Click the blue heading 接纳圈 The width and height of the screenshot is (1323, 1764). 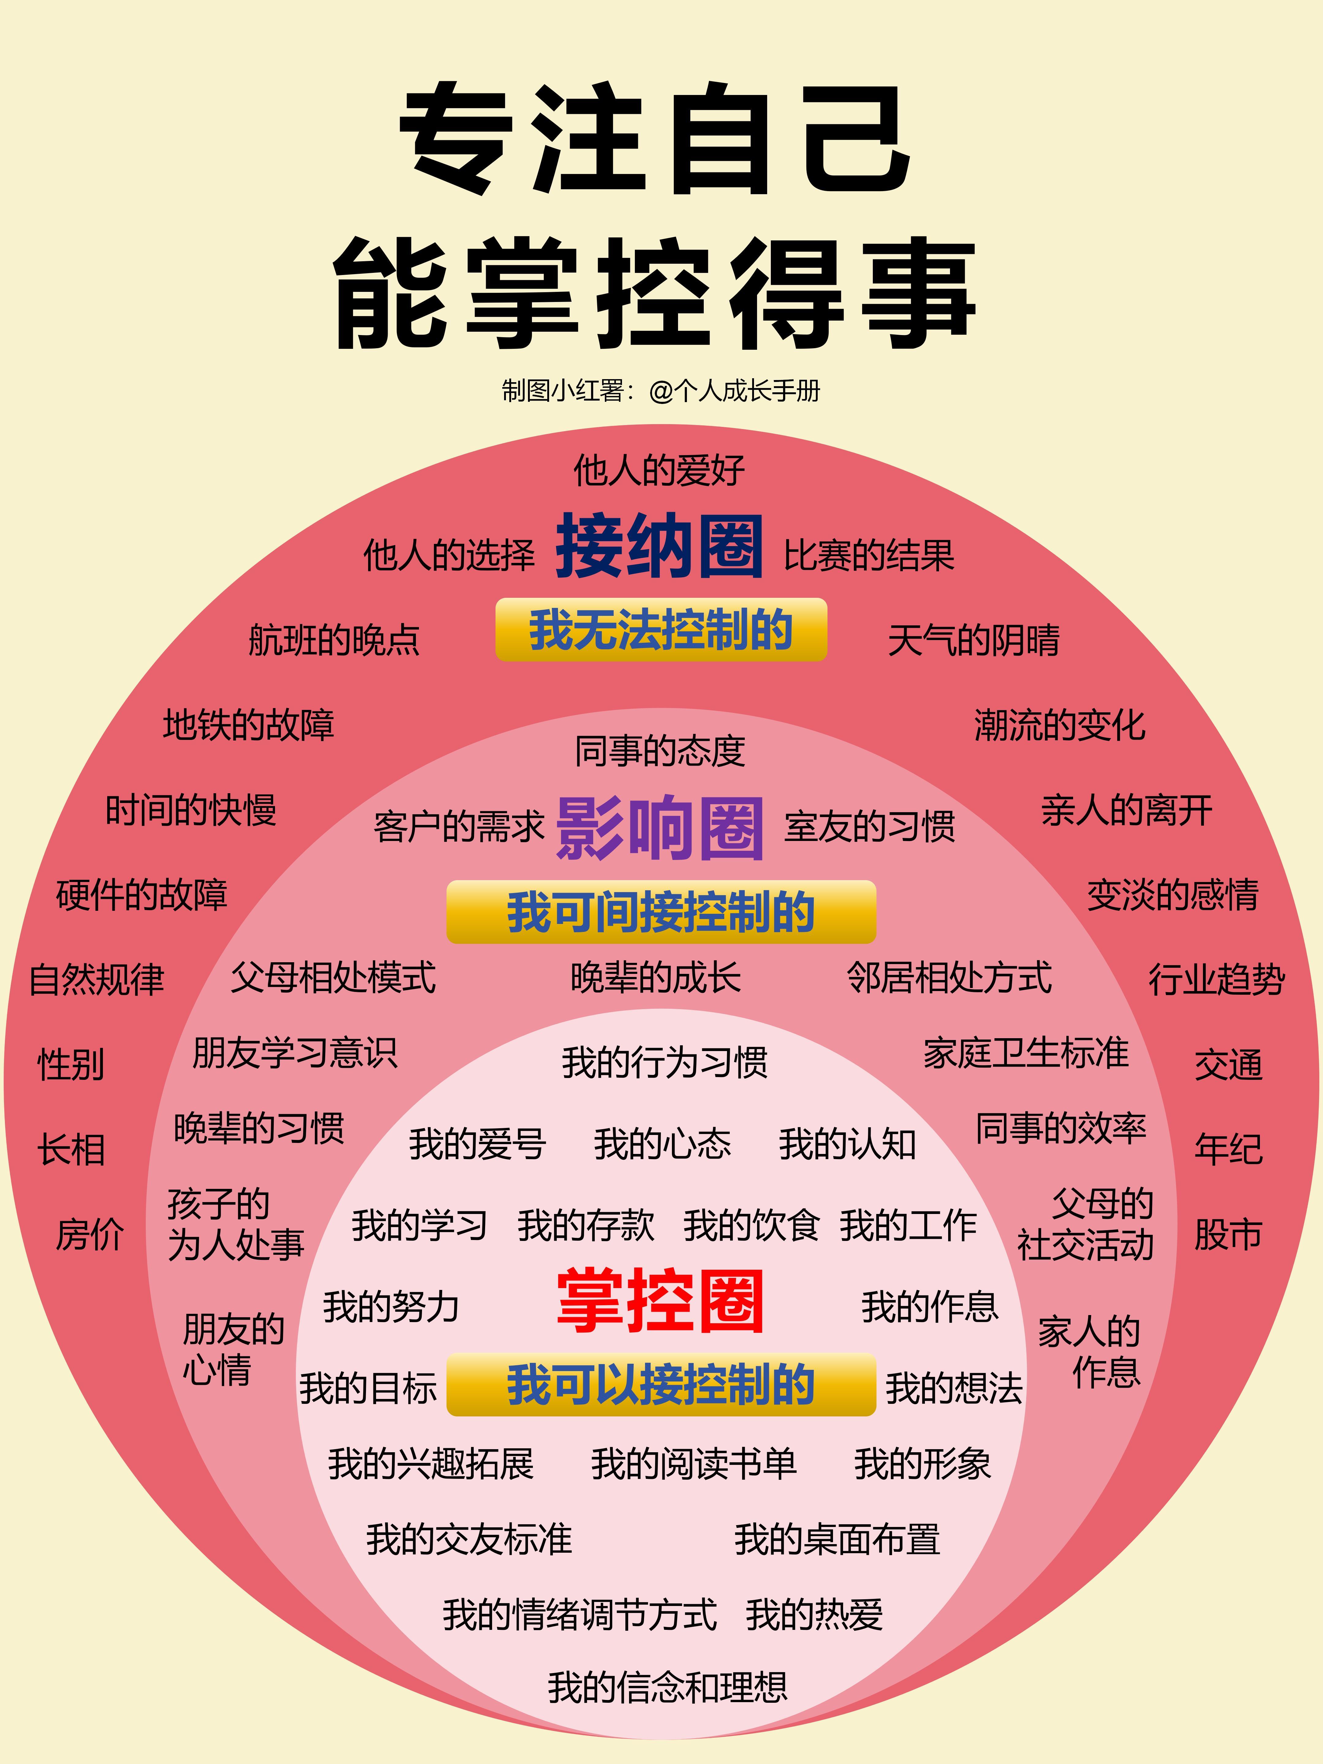point(659,546)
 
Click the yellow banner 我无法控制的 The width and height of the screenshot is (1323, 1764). point(661,630)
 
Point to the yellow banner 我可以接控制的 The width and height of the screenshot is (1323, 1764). point(661,1385)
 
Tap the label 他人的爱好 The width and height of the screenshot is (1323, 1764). point(659,470)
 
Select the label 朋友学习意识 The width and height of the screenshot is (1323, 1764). point(294,1053)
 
